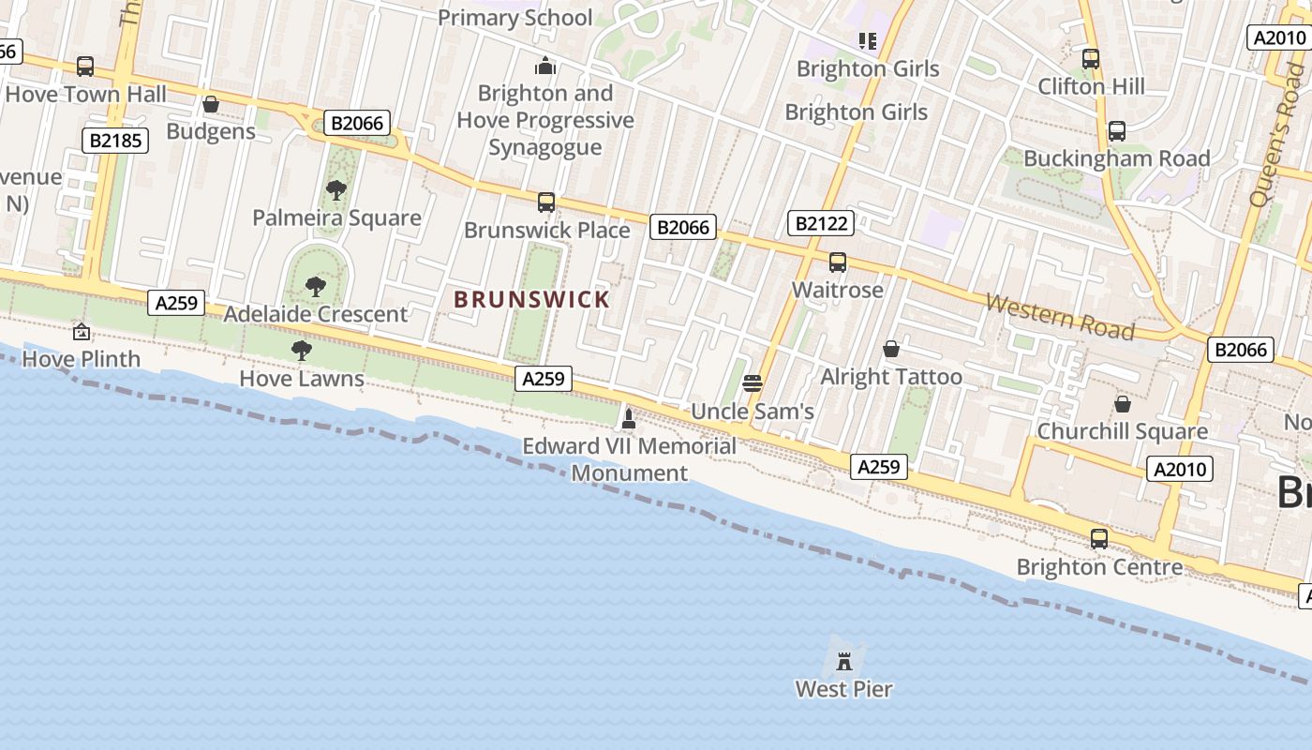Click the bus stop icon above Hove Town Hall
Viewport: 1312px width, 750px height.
click(85, 67)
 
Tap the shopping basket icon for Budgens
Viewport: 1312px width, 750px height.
click(211, 104)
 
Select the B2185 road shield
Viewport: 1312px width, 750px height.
click(115, 142)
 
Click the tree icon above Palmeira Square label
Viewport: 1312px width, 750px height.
click(335, 191)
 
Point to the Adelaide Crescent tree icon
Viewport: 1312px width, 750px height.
click(316, 287)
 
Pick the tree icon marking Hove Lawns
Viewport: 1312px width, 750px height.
click(301, 351)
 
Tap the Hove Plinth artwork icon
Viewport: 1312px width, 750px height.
click(82, 332)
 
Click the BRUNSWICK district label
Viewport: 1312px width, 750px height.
click(531, 300)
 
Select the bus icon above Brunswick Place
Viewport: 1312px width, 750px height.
click(545, 202)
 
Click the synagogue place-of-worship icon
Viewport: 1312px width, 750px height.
click(544, 67)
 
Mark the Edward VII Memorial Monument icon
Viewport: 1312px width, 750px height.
click(629, 418)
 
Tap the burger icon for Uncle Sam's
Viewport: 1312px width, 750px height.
click(752, 383)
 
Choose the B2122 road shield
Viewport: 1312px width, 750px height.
click(821, 223)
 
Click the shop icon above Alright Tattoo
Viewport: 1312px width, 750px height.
click(891, 350)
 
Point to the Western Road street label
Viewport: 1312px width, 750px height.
click(1060, 317)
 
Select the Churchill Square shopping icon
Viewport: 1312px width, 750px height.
click(1122, 404)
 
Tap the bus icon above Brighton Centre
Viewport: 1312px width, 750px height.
click(1098, 540)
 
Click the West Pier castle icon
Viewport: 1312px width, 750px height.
click(844, 661)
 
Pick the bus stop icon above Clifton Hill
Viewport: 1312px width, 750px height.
click(1090, 59)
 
